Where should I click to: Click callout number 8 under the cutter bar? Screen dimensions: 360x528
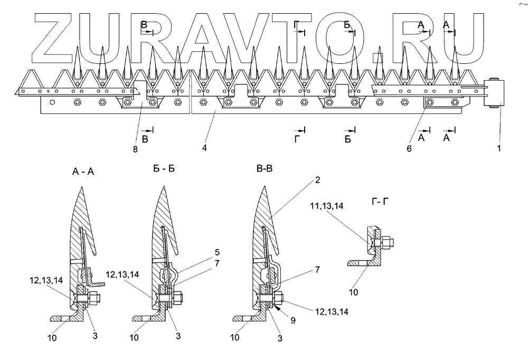[135, 149]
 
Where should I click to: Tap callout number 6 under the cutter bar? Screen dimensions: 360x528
[409, 149]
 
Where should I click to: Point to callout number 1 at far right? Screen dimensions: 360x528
[499, 149]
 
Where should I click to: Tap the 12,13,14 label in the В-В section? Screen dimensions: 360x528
[332, 311]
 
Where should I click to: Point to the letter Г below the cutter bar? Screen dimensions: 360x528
[298, 139]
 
